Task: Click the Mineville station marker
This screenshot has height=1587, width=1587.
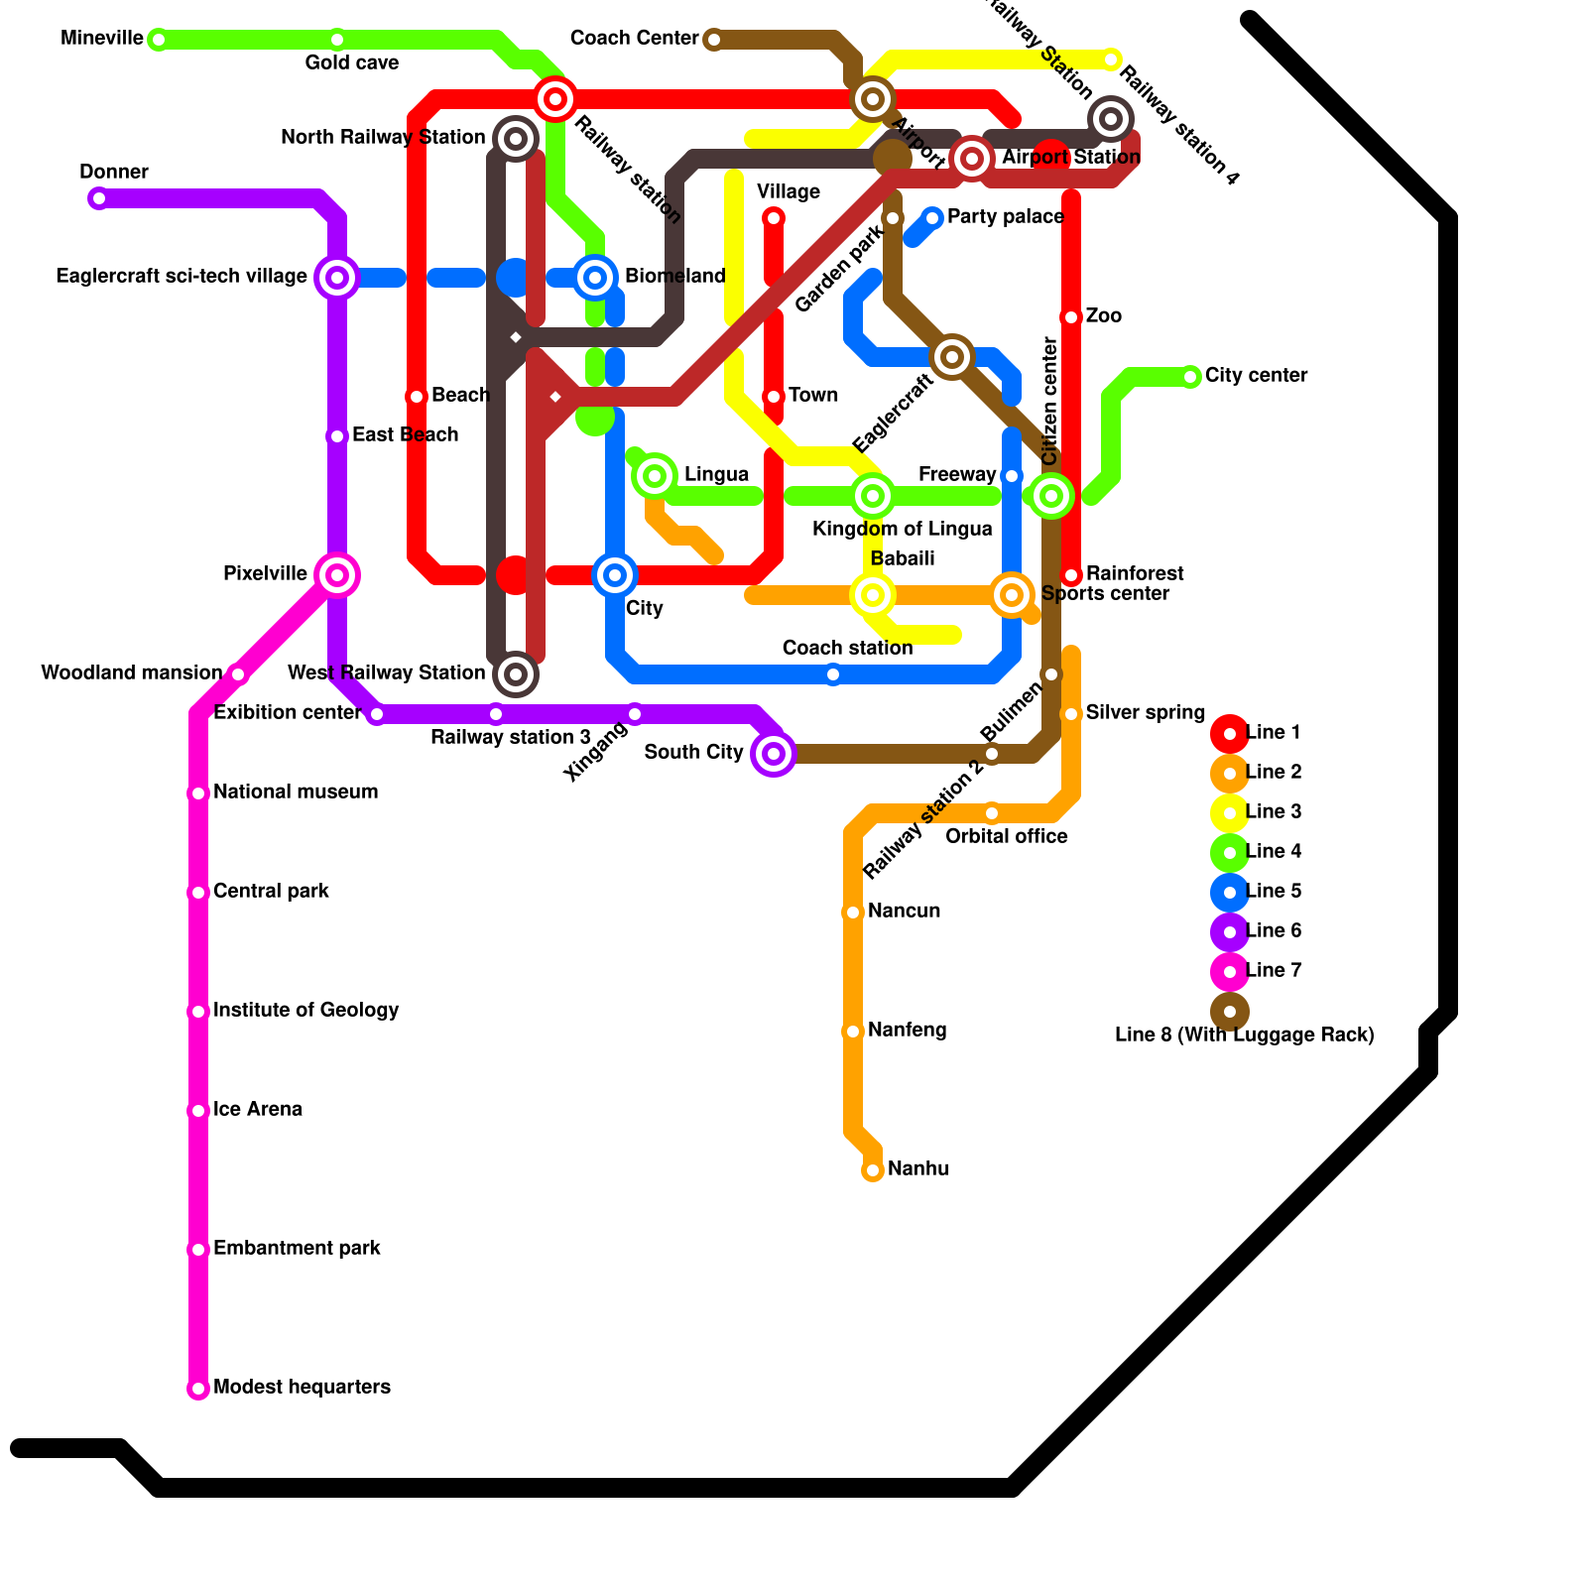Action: (x=158, y=40)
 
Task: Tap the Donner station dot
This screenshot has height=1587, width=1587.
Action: (x=98, y=198)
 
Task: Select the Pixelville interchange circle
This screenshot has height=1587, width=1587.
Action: (x=337, y=575)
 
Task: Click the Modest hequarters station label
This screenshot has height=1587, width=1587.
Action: (x=302, y=1387)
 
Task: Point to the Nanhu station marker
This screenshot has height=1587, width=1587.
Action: (x=873, y=1170)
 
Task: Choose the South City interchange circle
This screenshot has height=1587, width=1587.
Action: (x=774, y=754)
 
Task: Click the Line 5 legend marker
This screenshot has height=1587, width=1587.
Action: (x=1230, y=893)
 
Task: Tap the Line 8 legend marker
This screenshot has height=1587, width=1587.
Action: (x=1230, y=1012)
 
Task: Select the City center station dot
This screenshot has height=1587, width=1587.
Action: (x=1190, y=377)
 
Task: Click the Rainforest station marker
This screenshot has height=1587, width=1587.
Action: (x=1071, y=575)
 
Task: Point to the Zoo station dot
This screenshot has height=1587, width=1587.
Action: (x=1071, y=317)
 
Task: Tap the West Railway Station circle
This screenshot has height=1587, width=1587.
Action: (x=516, y=674)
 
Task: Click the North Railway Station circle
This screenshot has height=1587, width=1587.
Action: (x=516, y=139)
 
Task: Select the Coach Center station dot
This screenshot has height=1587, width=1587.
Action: (x=713, y=40)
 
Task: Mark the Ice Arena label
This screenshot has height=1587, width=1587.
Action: (x=257, y=1109)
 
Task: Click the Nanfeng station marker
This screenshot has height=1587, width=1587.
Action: (x=853, y=1032)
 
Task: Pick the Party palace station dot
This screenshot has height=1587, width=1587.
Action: (x=932, y=218)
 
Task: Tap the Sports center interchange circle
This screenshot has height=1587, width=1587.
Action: (x=1012, y=595)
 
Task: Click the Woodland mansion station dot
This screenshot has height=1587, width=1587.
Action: (x=238, y=674)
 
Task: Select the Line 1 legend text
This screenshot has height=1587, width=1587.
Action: (x=1273, y=732)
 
